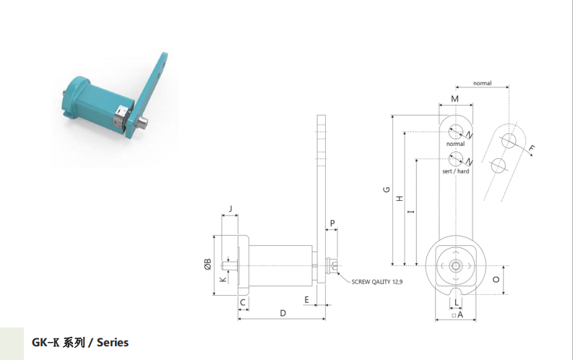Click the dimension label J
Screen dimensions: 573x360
(x=231, y=209)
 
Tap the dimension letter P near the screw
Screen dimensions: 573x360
(x=332, y=223)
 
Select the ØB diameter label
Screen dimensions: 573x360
(x=207, y=265)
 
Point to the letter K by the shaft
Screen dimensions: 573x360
(x=223, y=280)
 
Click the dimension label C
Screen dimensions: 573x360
(x=243, y=303)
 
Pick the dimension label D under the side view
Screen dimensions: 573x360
(x=283, y=313)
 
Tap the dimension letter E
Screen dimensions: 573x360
(x=306, y=300)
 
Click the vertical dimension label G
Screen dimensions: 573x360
(x=387, y=189)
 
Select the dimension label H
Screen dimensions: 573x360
(x=400, y=199)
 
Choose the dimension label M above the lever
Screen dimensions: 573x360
(x=454, y=99)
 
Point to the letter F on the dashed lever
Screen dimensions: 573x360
(x=532, y=148)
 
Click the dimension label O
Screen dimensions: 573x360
(x=496, y=280)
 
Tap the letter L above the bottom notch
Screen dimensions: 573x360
(x=457, y=302)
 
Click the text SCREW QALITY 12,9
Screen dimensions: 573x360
(x=377, y=282)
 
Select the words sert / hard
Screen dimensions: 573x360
(x=456, y=171)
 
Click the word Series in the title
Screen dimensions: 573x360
(x=113, y=343)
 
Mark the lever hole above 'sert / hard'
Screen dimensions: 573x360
(x=456, y=159)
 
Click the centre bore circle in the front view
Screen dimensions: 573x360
(x=456, y=266)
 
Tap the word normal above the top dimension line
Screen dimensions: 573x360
(x=483, y=83)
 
